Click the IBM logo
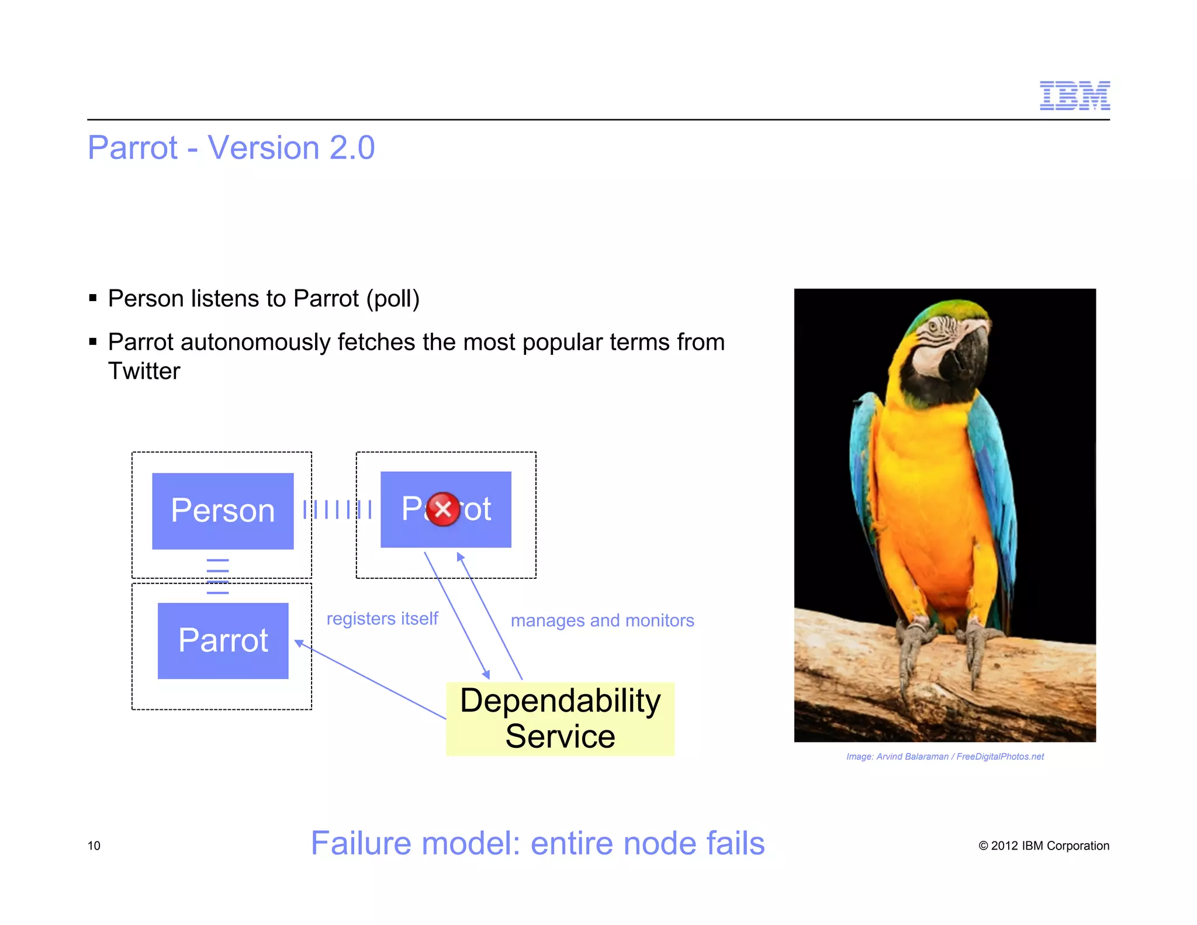click(1074, 95)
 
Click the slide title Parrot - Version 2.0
click(231, 147)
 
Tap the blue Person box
click(223, 510)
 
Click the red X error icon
click(443, 509)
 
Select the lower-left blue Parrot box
click(223, 640)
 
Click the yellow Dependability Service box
click(560, 719)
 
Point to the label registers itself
click(382, 619)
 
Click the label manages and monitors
click(602, 620)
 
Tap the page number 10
click(94, 845)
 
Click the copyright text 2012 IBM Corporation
click(1044, 845)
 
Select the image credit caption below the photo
click(945, 757)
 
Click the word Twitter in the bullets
click(144, 371)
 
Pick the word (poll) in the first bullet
click(393, 299)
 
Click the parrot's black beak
click(970, 351)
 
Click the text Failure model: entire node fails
click(537, 843)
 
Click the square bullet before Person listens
click(93, 298)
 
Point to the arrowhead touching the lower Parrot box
click(299, 643)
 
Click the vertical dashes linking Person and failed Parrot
click(337, 509)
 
